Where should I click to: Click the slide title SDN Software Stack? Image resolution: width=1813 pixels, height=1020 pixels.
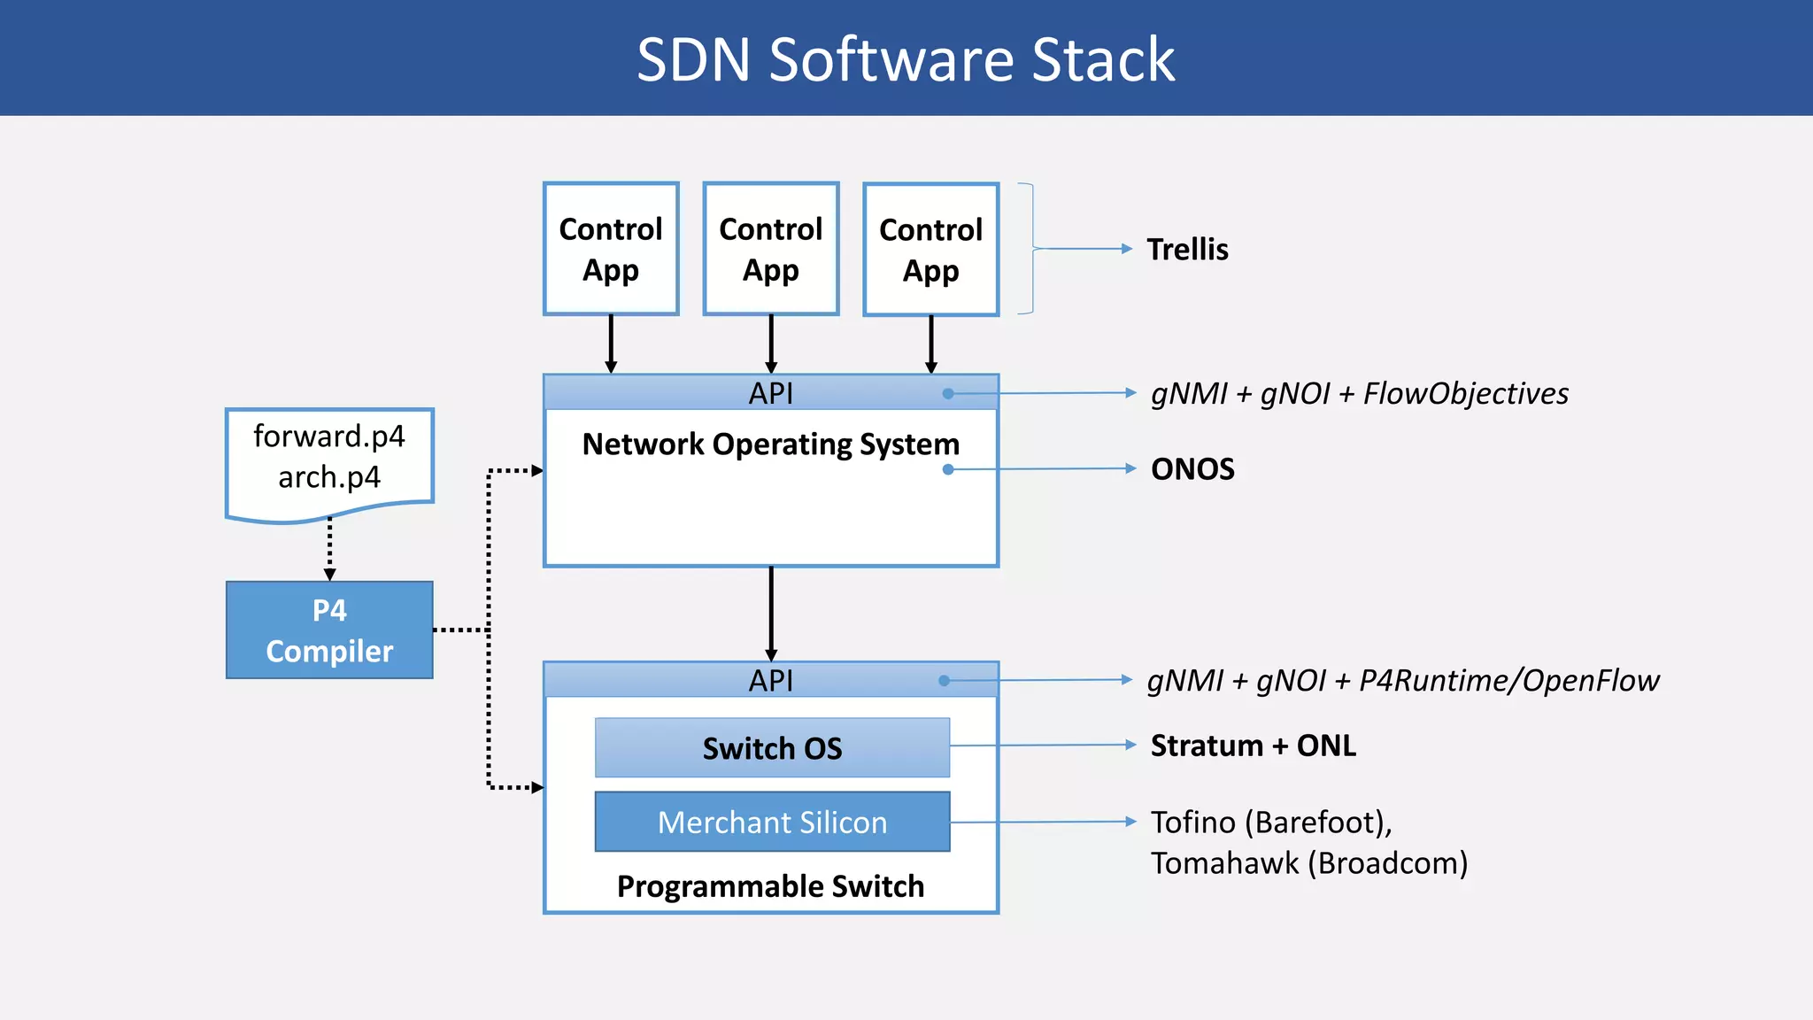coord(906,59)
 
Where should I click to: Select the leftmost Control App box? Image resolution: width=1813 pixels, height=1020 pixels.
coord(611,249)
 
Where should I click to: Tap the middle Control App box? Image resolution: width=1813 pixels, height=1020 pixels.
coord(770,249)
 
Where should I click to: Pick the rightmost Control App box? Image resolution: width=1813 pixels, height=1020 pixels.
coord(930,250)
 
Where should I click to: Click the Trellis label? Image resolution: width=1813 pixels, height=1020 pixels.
coord(1187,250)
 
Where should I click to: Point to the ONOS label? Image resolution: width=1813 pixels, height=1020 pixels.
coord(1192,468)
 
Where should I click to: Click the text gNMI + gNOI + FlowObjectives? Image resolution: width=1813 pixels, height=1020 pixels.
coord(1359,393)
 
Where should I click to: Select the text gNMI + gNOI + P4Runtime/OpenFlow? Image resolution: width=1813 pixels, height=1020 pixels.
coord(1402,680)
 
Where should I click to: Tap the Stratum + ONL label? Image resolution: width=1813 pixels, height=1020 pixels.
coord(1253,746)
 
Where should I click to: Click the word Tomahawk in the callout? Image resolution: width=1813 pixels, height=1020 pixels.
coord(1224,862)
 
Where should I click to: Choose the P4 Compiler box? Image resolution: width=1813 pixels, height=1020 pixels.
coord(329,630)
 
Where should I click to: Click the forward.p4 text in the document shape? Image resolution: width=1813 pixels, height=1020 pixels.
coord(329,437)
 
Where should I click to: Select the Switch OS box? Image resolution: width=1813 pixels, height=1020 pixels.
coord(772,748)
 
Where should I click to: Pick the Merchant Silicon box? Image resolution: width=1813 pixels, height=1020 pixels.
coord(772,822)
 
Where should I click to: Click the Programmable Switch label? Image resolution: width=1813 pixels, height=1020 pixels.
coord(770,886)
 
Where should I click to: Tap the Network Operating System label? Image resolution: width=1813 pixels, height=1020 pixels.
coord(770,444)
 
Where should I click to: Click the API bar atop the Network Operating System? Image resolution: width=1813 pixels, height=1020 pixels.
coord(770,393)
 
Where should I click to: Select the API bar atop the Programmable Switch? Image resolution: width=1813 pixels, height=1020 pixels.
coord(770,680)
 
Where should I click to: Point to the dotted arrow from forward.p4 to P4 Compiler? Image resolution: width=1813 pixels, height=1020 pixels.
coord(330,549)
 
